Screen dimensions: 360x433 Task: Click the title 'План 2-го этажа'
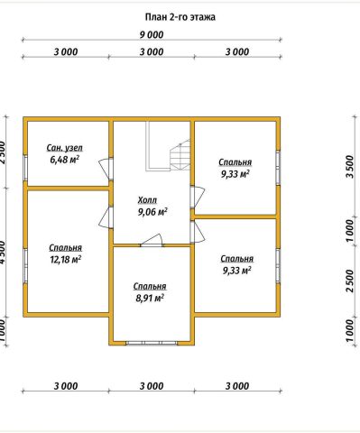[x=180, y=17]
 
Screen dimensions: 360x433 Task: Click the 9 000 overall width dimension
[x=152, y=35]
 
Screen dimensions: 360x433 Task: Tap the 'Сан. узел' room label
[x=65, y=148]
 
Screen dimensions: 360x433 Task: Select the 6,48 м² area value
[x=65, y=160]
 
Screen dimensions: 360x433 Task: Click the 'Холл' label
[x=147, y=200]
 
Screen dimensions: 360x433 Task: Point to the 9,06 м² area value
[x=152, y=212]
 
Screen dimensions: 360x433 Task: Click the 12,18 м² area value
[x=65, y=260]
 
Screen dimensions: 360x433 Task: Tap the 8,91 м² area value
[x=150, y=298]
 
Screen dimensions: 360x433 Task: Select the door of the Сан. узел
[x=106, y=170]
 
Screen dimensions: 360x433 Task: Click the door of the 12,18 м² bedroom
[x=106, y=217]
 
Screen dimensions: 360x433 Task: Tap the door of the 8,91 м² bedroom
[x=152, y=241]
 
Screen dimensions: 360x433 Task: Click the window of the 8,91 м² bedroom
[x=152, y=343]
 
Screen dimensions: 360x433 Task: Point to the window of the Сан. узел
[x=25, y=169]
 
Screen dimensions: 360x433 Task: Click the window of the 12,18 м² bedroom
[x=25, y=266]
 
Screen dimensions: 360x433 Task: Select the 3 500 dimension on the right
[x=349, y=166]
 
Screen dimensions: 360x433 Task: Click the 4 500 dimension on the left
[x=2, y=253]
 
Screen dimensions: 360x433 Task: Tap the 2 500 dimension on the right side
[x=349, y=281]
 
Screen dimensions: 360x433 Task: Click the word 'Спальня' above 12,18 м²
[x=65, y=248]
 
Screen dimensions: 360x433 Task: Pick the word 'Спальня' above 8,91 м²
[x=150, y=286]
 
